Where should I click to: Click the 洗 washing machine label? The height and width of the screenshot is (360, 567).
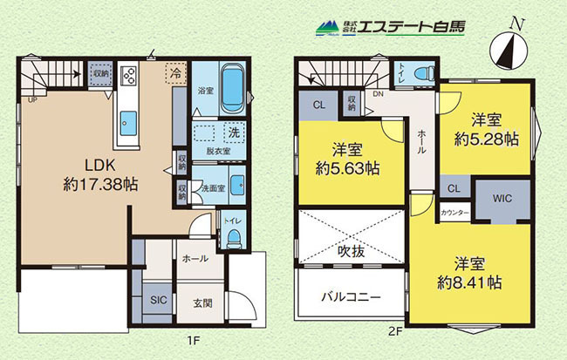(234, 134)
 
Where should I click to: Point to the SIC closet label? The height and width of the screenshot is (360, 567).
(158, 300)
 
